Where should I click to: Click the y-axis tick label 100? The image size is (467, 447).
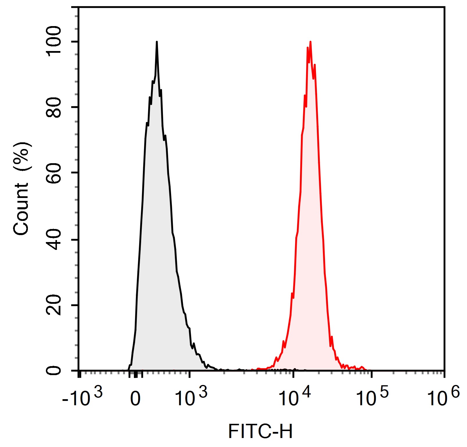[54, 41]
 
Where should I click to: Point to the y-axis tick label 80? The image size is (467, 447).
[54, 107]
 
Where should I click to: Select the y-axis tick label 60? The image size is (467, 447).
[54, 173]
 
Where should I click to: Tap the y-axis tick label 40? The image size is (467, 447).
[54, 239]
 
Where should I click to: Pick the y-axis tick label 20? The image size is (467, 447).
[54, 305]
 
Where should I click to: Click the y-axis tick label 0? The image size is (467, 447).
[54, 370]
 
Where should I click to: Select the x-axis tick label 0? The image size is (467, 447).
[135, 399]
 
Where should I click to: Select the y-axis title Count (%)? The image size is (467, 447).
[22, 188]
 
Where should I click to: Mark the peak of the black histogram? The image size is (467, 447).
[157, 42]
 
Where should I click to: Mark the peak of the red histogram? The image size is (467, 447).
[310, 42]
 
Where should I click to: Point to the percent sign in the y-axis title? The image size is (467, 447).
[22, 157]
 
